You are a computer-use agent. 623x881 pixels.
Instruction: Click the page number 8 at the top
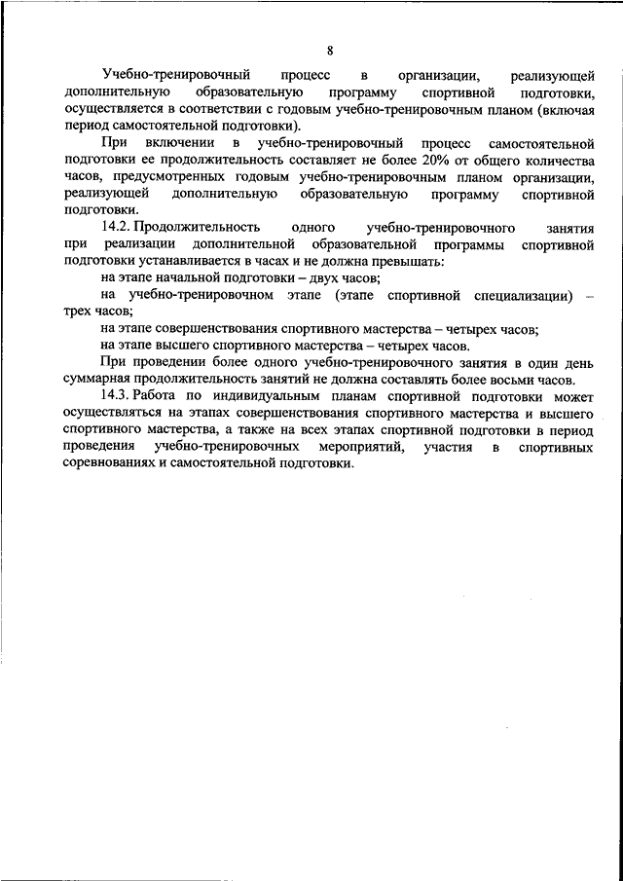click(x=330, y=51)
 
